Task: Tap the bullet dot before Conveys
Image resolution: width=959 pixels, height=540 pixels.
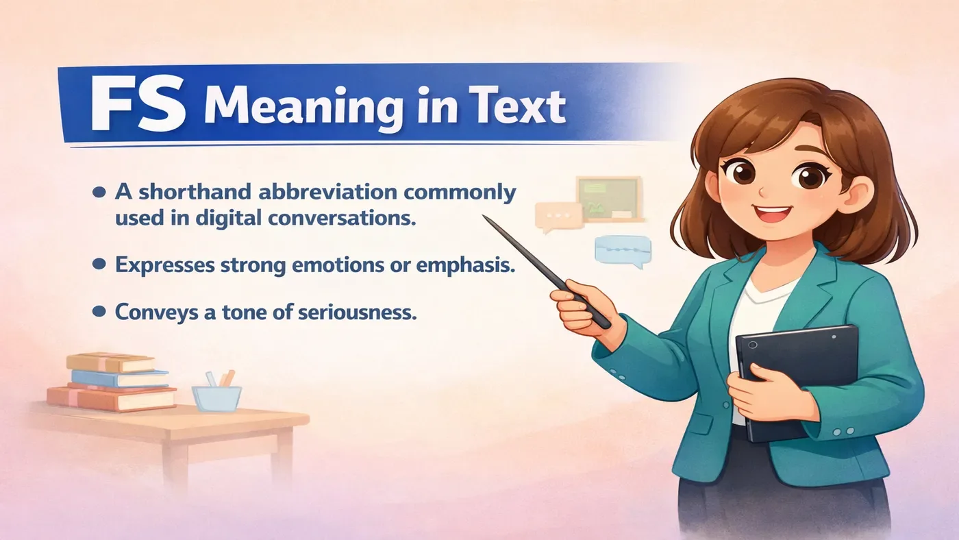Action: [99, 312]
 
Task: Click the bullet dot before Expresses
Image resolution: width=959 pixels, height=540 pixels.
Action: [99, 264]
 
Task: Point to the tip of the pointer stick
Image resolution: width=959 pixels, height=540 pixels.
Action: [485, 218]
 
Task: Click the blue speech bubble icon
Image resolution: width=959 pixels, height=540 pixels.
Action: [621, 249]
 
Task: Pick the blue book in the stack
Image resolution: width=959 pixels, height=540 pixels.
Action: [120, 378]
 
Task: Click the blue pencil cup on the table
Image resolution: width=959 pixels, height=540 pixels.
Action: [216, 397]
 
